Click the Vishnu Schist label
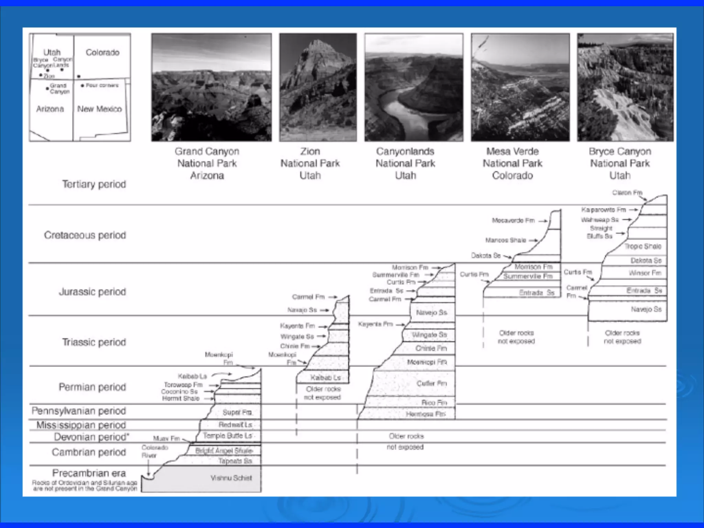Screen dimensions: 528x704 231,478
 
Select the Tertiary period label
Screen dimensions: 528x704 94,184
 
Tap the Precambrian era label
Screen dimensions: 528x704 89,473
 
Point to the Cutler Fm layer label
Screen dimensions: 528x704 431,383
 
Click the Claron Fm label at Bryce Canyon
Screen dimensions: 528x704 627,192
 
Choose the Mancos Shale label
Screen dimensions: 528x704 505,240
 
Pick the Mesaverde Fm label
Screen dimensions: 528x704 513,220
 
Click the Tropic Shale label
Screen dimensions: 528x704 642,246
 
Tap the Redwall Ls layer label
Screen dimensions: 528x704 235,425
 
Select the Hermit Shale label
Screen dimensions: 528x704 180,398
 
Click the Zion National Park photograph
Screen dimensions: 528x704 318,87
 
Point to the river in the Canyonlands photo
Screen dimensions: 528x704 406,113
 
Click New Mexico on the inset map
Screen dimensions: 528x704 99,109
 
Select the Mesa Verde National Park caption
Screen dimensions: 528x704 512,163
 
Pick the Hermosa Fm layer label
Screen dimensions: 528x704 426,414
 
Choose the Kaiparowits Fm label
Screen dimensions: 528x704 603,210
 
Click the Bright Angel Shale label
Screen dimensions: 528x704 224,451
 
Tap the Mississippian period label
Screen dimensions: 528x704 81,425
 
